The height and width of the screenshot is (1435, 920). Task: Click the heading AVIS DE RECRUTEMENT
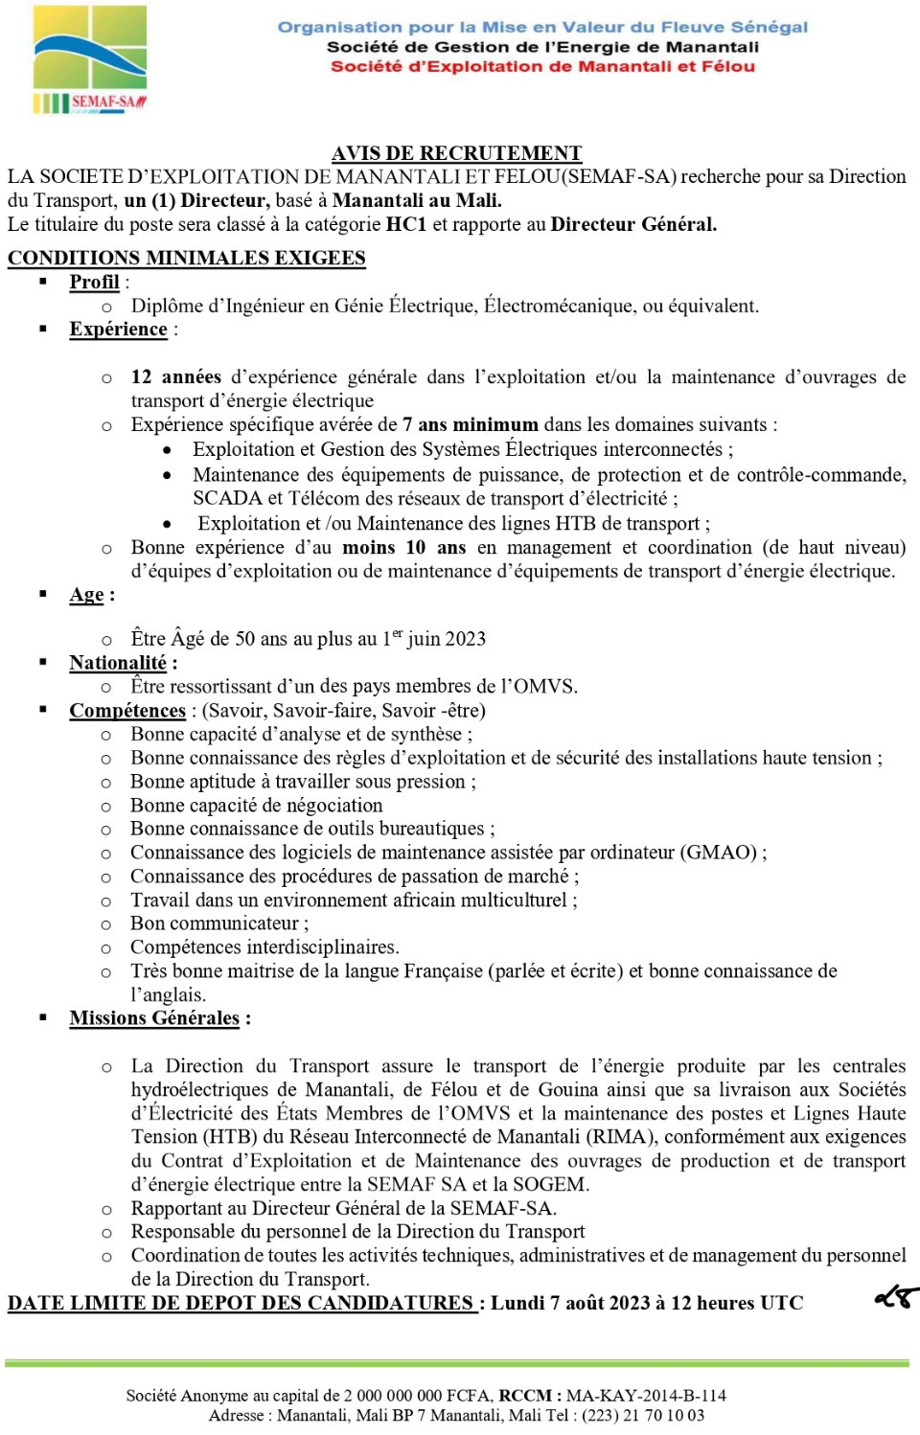click(456, 153)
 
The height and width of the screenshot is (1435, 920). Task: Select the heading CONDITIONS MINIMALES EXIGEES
click(186, 258)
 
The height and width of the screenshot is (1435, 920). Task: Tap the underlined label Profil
click(94, 282)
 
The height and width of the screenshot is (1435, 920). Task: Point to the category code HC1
click(405, 224)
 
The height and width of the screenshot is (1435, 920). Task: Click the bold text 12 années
click(175, 376)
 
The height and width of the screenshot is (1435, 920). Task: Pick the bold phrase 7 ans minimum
click(471, 424)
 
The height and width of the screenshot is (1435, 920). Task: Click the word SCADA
click(227, 498)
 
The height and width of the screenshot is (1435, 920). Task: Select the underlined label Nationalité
click(118, 663)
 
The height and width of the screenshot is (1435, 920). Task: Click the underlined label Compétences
click(127, 710)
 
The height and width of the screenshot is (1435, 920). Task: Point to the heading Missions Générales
click(154, 1017)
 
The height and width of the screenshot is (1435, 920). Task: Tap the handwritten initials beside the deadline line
click(896, 1297)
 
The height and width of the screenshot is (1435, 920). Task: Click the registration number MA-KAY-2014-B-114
click(645, 1396)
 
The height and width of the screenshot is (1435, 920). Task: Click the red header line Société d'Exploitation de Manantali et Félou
click(542, 66)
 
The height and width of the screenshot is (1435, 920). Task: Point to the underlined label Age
click(86, 595)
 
